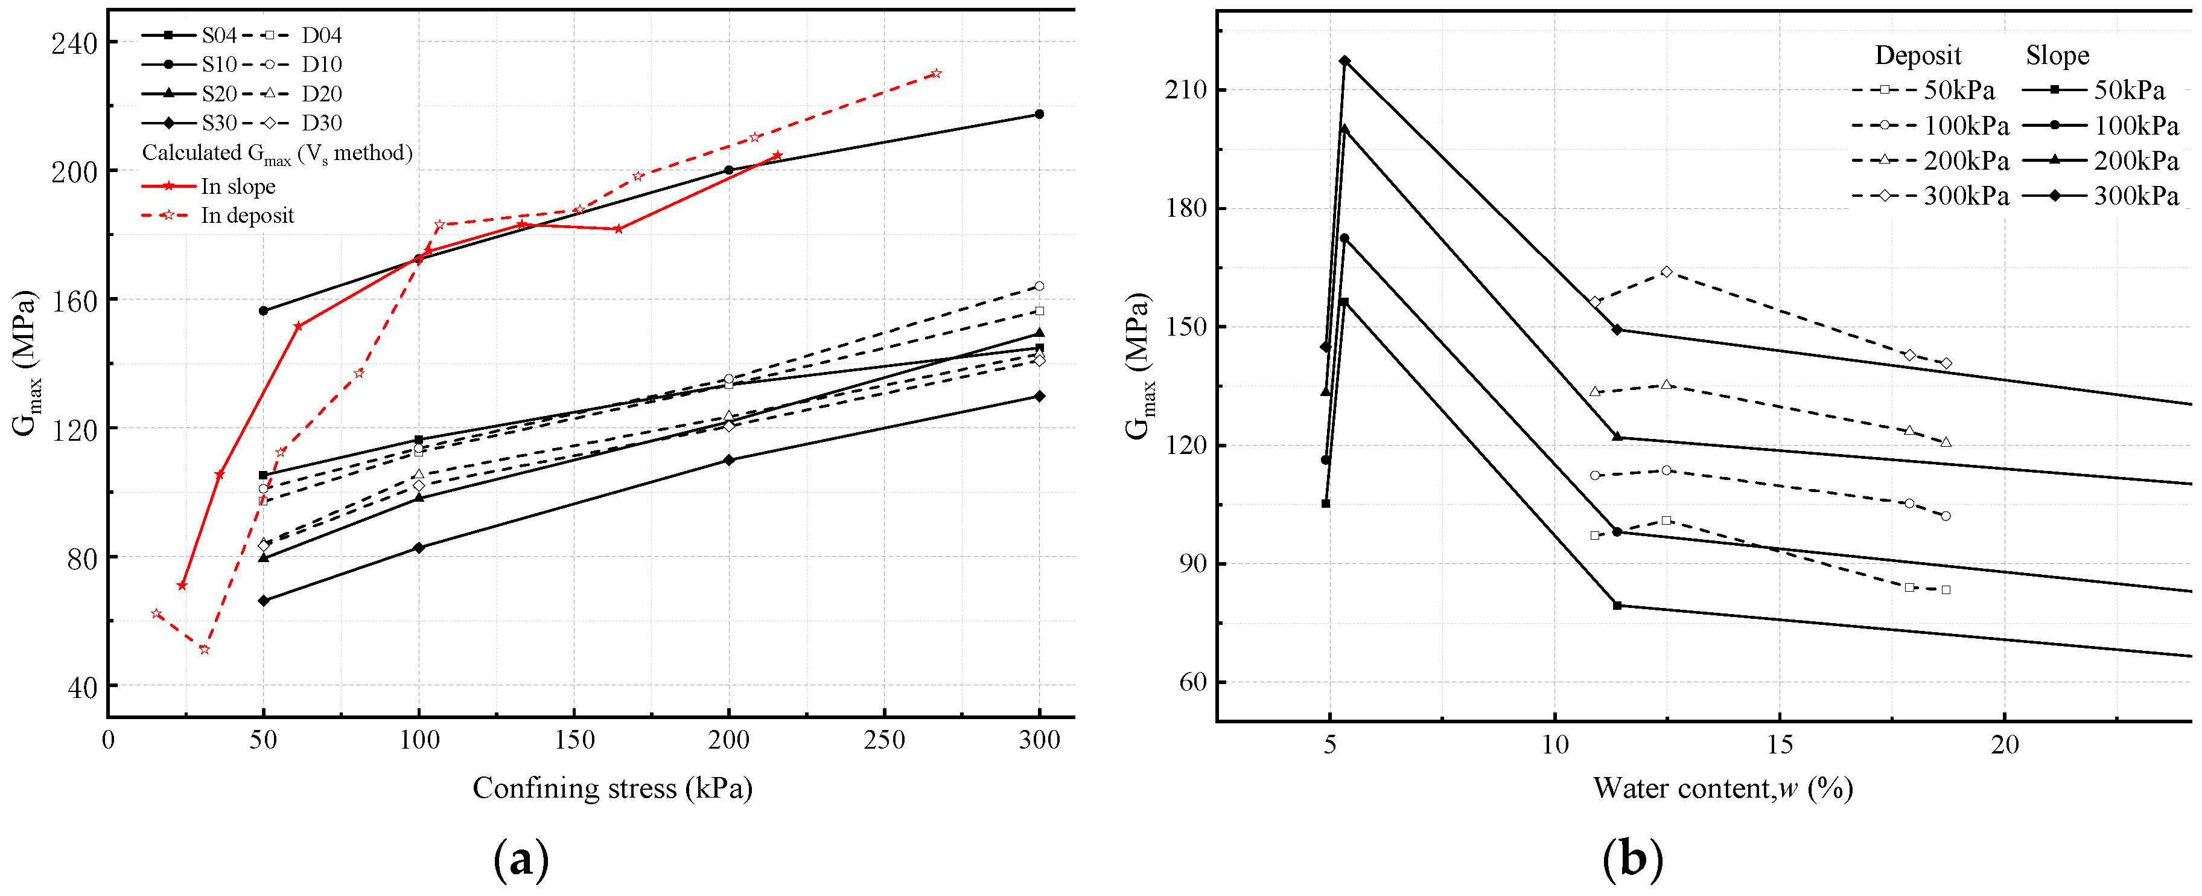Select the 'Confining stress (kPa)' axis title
pos(612,787)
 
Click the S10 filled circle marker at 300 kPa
pos(1039,114)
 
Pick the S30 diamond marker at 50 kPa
pos(263,601)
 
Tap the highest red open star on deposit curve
pos(935,74)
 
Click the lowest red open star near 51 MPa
pos(205,650)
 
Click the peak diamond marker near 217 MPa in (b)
pos(1344,61)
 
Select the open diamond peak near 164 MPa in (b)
pos(1666,272)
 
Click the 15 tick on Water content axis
pos(1780,744)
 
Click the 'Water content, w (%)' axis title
pos(1722,787)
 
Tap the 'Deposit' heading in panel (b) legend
pos(1917,56)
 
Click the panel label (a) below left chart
pos(521,859)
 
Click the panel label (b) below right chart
pos(1632,859)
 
